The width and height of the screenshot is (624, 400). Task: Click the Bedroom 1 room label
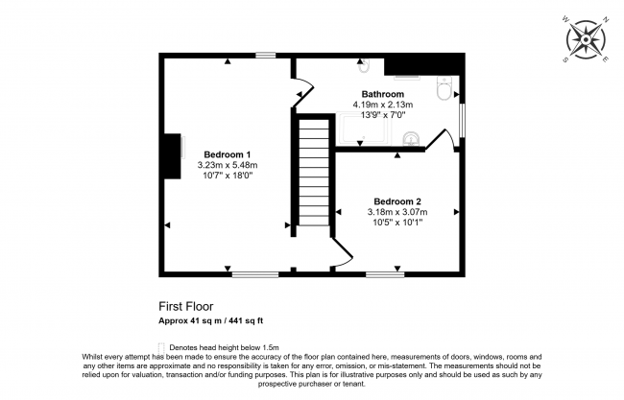pyautogui.click(x=228, y=154)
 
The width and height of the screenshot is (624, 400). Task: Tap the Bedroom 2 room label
pyautogui.click(x=396, y=201)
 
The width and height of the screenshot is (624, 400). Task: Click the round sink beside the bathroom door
pyautogui.click(x=412, y=137)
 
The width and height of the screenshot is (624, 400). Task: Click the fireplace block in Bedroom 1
pyautogui.click(x=173, y=156)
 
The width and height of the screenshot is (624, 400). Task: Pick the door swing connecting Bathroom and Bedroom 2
pyautogui.click(x=439, y=140)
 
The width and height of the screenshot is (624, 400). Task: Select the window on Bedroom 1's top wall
pyautogui.click(x=266, y=56)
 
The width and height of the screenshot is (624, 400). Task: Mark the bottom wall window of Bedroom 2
pyautogui.click(x=384, y=275)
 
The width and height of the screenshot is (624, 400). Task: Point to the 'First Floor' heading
pyautogui.click(x=186, y=307)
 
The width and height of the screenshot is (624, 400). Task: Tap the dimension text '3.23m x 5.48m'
pyautogui.click(x=228, y=165)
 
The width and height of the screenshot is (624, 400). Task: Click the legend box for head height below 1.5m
pyautogui.click(x=160, y=347)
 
